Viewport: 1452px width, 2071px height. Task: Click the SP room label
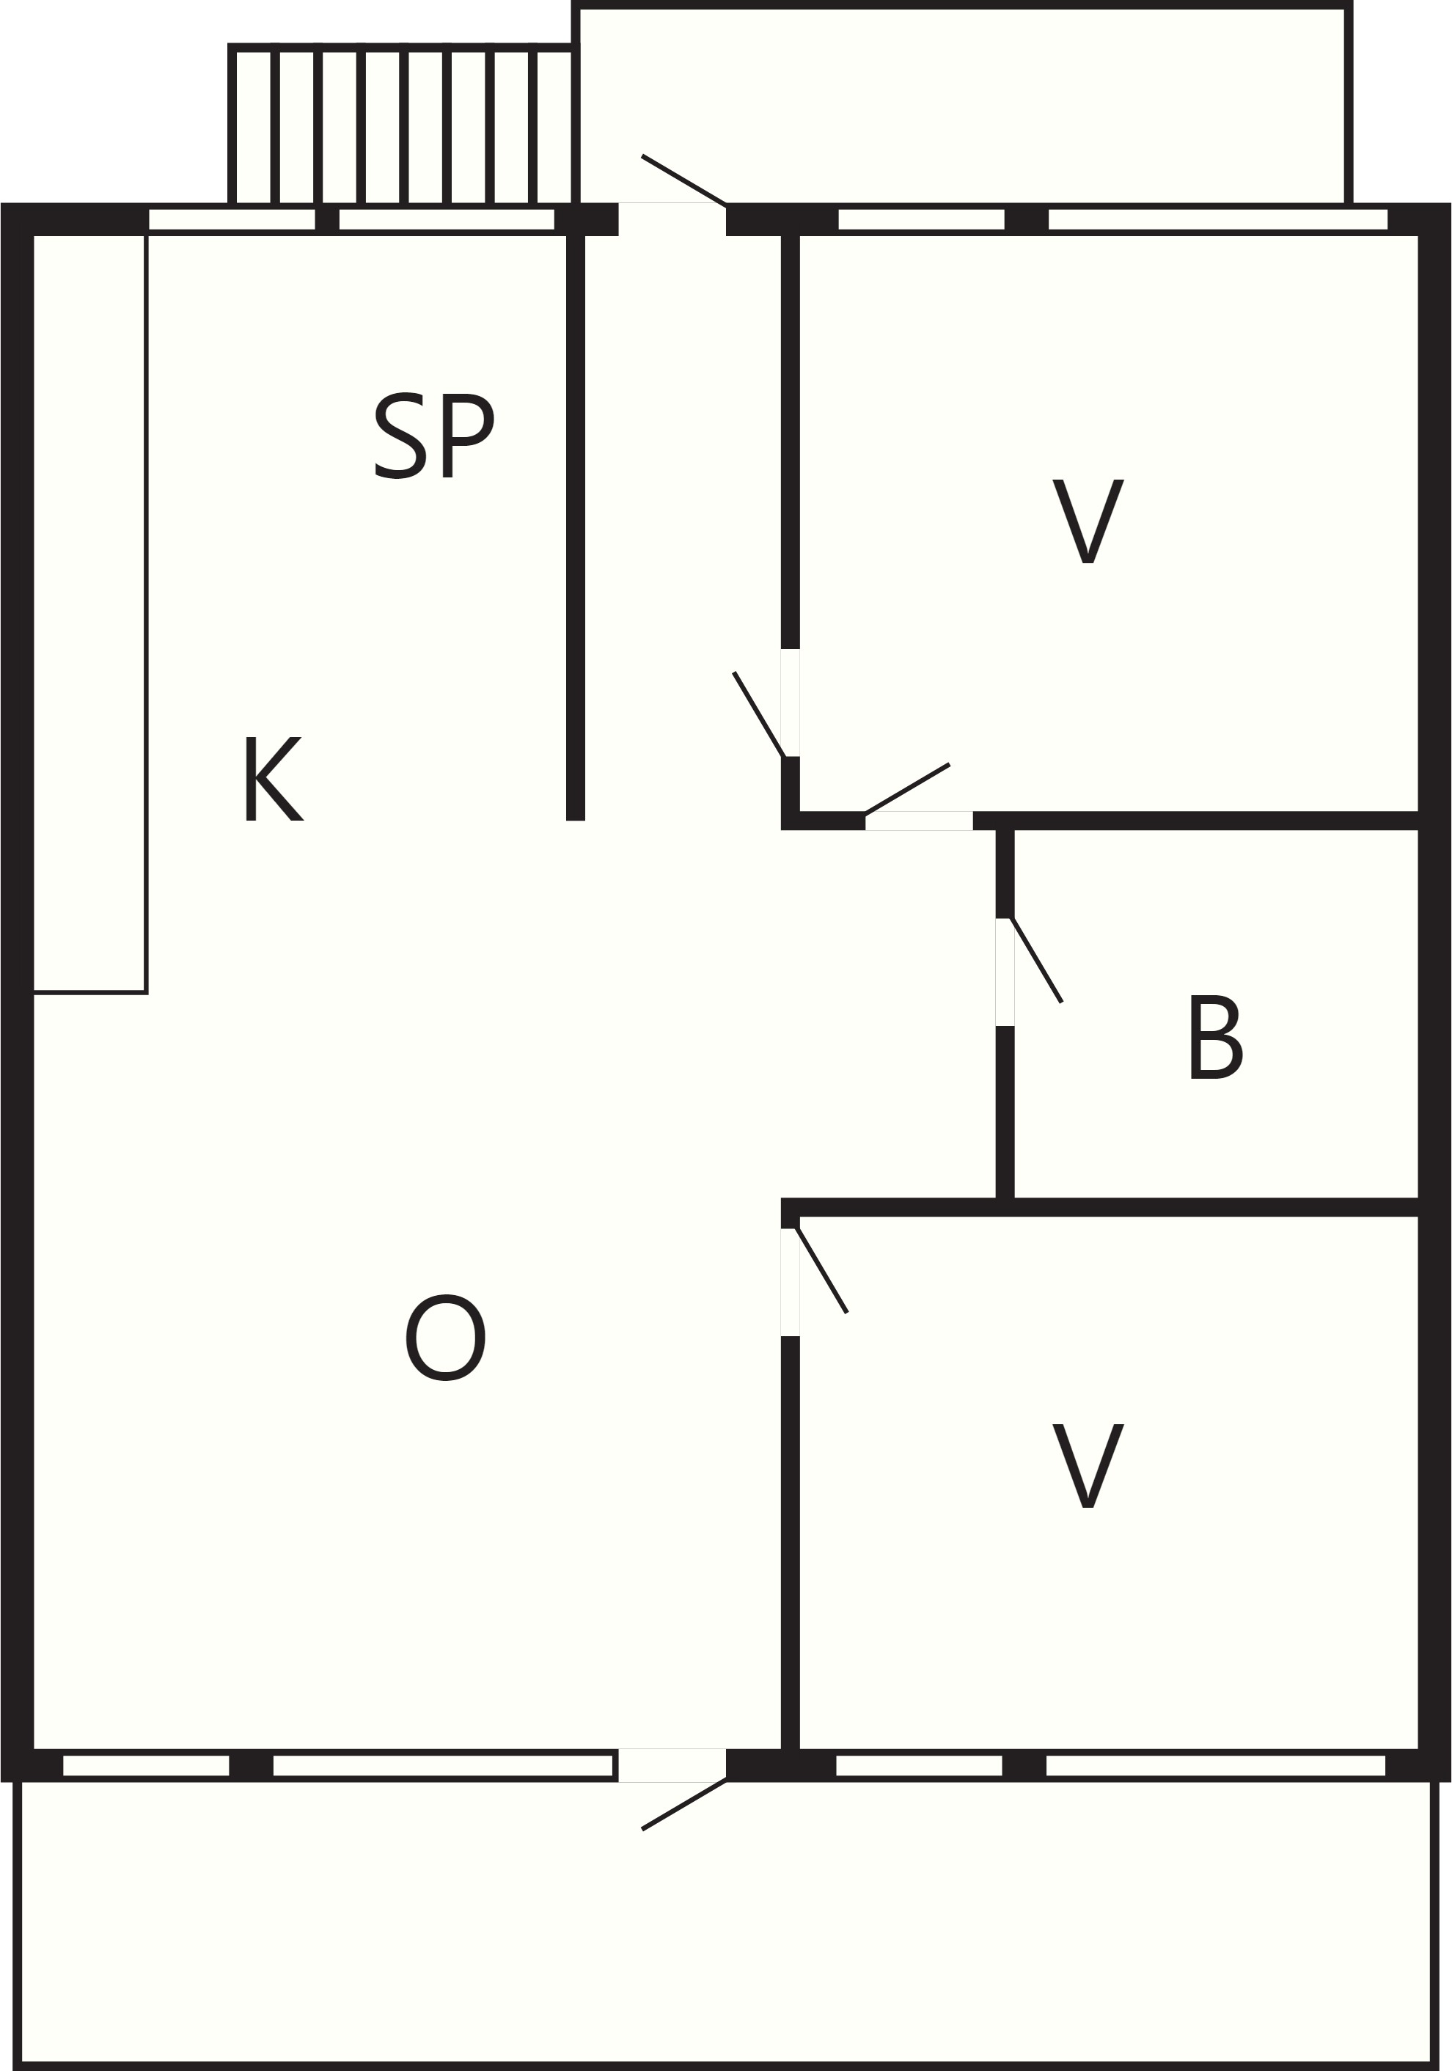[x=434, y=436]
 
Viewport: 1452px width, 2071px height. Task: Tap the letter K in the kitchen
[x=274, y=778]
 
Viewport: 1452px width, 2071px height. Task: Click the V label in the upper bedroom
[x=1088, y=521]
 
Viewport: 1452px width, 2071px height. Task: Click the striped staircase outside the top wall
[x=401, y=125]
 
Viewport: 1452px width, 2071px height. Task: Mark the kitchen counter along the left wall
[x=89, y=613]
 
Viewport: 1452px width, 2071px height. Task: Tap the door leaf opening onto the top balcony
[x=683, y=180]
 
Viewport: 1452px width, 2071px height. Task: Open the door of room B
[x=1037, y=960]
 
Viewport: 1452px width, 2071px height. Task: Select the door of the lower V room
[x=821, y=1270]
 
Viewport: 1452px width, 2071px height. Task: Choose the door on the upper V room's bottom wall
[x=907, y=788]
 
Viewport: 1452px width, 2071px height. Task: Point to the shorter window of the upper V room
[x=921, y=219]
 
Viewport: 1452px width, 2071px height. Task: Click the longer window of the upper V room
[x=1217, y=219]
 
